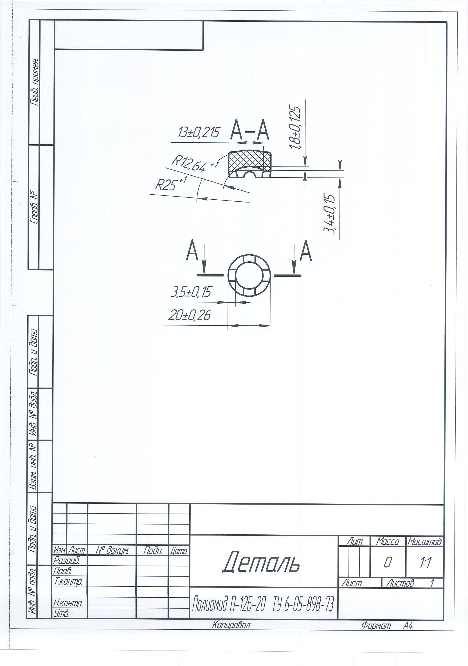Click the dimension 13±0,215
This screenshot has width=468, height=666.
coord(199,132)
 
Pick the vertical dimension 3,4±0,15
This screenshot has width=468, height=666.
coord(329,214)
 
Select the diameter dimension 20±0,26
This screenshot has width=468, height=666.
coord(190,315)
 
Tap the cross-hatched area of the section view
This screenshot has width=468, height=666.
coord(250,161)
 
